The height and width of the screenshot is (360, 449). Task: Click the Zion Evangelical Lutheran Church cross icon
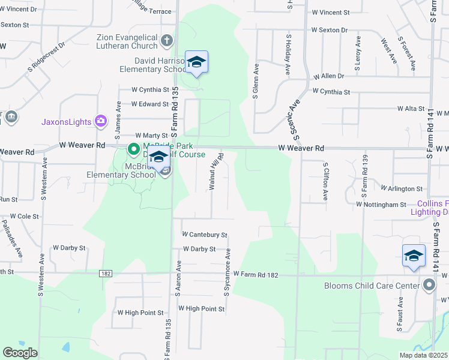coord(167,42)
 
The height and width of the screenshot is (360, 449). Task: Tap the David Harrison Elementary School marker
coord(196,62)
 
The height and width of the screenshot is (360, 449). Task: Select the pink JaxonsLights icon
coord(100,121)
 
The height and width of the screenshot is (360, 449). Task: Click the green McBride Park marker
coord(133,148)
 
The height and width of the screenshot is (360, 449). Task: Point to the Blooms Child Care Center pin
coord(429,285)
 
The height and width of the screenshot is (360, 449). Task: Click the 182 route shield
coord(106,274)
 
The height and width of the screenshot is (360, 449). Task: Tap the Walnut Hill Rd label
coord(214,172)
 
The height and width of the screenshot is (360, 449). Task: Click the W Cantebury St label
coord(205,235)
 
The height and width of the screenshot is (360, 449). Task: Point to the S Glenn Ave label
coord(256,80)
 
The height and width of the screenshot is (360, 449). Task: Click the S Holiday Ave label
coord(289,55)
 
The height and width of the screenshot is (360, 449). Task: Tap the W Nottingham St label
coord(381,205)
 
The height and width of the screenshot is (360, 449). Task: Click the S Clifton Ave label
coord(325,181)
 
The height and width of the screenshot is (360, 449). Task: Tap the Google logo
coord(20,353)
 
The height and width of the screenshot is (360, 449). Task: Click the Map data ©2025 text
coord(422,355)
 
